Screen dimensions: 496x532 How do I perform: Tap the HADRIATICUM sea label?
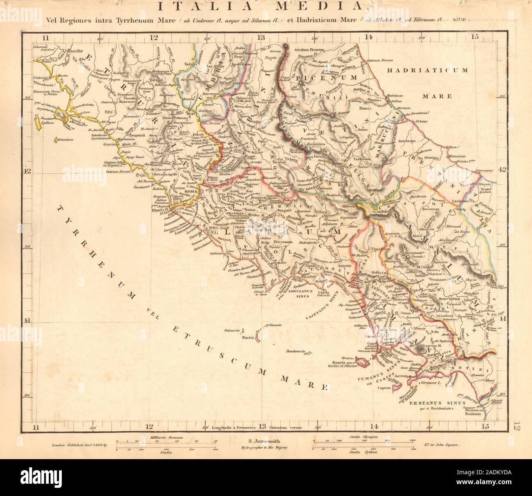pos(427,70)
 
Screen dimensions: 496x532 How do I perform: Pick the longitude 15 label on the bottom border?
pos(485,427)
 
